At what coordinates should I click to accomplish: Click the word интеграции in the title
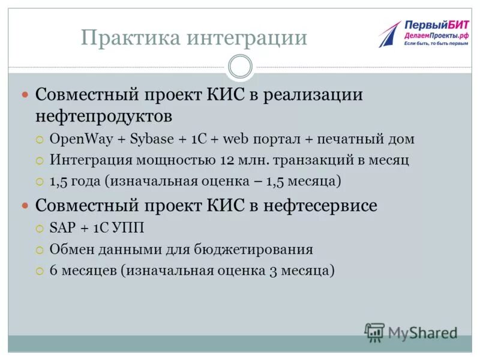248,38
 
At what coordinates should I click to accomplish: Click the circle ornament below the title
240,66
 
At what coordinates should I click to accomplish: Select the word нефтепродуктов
112,115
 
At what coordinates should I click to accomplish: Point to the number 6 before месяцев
53,270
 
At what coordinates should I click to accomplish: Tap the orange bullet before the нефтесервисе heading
25,205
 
